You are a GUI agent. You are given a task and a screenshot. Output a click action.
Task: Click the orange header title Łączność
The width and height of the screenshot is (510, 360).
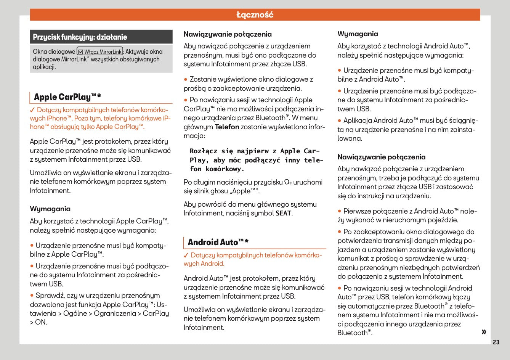click(255, 15)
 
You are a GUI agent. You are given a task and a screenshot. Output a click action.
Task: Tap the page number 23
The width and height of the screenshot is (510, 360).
click(496, 342)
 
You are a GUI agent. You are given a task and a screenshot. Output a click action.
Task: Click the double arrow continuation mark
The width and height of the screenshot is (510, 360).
click(484, 332)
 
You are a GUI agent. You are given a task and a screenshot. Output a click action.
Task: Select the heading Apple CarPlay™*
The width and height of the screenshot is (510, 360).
click(67, 97)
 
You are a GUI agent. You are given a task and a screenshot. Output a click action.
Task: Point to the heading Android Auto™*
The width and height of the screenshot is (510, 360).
click(218, 242)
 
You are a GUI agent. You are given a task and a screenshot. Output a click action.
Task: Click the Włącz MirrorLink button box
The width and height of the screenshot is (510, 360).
click(100, 51)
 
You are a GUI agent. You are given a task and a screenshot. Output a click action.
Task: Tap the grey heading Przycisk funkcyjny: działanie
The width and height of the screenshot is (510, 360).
click(80, 37)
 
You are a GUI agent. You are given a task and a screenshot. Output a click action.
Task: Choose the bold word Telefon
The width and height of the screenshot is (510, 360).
click(227, 127)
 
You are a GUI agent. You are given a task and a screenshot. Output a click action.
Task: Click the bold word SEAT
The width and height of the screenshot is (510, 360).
click(283, 214)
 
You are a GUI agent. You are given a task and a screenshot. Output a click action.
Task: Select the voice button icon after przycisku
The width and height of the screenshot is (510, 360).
click(288, 182)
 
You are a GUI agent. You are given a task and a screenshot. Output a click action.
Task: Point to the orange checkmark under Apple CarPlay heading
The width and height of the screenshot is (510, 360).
click(32, 110)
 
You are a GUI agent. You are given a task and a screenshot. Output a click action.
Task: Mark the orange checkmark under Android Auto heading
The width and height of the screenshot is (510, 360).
click(186, 255)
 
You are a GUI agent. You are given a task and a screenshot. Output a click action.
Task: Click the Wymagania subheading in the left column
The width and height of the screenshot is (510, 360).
click(50, 209)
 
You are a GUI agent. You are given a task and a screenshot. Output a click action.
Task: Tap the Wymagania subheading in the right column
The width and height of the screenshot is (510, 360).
click(358, 34)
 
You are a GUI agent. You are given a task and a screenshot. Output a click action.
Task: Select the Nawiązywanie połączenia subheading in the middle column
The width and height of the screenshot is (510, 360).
click(228, 34)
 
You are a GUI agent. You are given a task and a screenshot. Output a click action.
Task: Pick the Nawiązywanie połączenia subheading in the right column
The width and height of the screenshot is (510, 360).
click(381, 157)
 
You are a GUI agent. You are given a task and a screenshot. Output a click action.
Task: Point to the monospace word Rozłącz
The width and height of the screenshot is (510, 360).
click(204, 151)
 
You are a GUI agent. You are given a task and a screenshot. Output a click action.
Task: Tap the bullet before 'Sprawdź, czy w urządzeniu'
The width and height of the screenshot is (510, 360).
click(32, 296)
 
